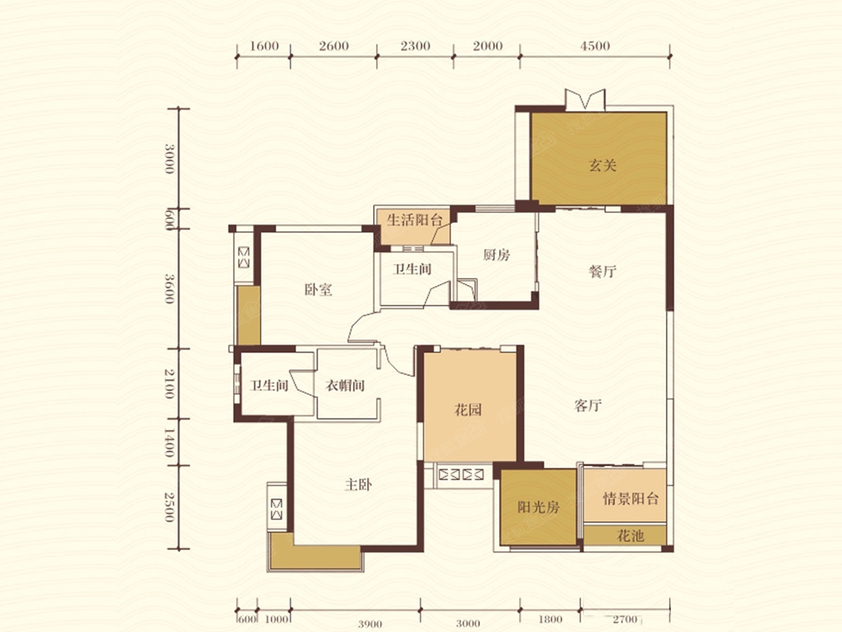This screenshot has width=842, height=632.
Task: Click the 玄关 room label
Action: [602, 166]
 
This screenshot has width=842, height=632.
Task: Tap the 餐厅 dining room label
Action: [602, 272]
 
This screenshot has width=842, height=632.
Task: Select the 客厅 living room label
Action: [588, 405]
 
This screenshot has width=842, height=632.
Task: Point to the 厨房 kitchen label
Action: [496, 255]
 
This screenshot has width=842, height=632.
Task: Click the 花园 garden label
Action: [467, 410]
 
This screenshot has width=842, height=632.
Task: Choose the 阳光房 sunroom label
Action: [538, 507]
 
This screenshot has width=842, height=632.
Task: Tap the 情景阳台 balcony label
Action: [631, 499]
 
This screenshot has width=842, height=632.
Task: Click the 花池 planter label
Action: [630, 535]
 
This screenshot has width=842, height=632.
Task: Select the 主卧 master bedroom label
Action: [358, 485]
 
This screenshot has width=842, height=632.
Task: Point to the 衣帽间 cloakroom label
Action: [345, 386]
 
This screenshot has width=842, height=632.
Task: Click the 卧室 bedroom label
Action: [318, 290]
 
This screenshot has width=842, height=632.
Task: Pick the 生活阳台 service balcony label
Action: [414, 220]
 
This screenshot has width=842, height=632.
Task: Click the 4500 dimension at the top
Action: [595, 46]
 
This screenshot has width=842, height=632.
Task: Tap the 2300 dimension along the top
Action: [415, 46]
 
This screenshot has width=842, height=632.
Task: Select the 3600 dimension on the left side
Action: [170, 289]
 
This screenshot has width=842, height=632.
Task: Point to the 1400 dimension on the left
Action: [170, 442]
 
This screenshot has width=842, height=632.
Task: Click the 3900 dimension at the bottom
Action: [370, 624]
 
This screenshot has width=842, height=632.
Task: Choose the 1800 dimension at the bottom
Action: [550, 619]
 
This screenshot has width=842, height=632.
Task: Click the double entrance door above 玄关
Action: [585, 100]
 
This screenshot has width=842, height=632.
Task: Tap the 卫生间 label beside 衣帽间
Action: [269, 386]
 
